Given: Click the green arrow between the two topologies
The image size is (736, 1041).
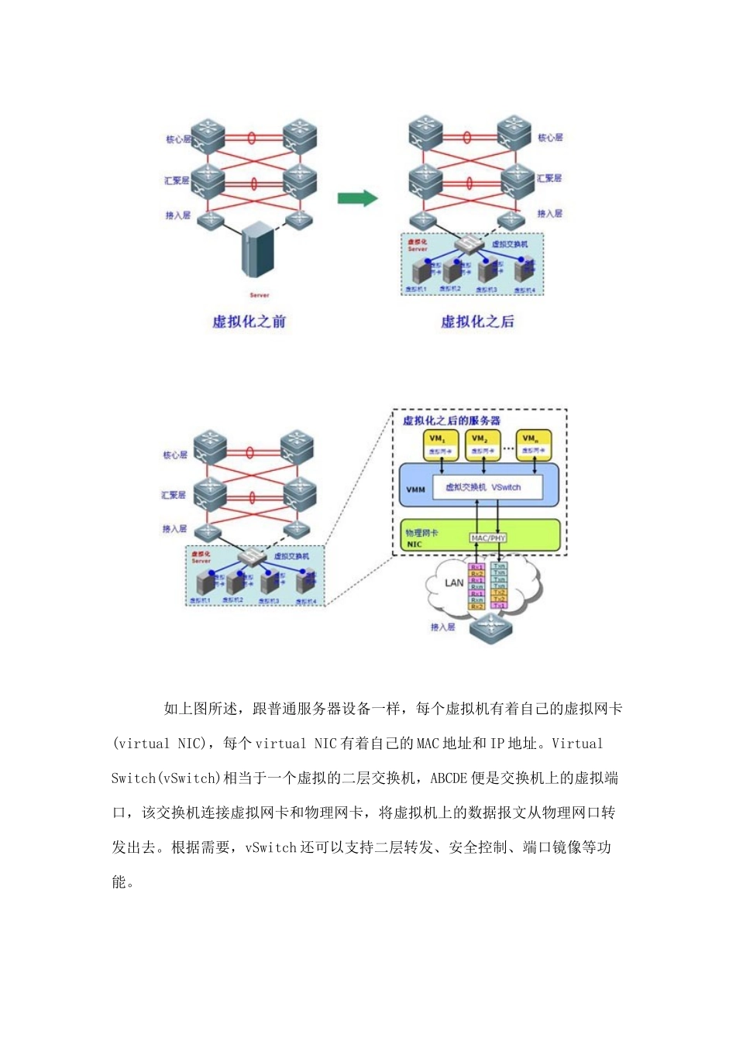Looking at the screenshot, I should tap(357, 198).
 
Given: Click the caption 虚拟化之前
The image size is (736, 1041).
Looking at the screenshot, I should tap(249, 321).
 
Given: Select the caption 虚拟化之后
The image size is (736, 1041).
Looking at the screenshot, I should tap(477, 321).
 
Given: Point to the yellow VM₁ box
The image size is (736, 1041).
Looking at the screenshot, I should tap(440, 445).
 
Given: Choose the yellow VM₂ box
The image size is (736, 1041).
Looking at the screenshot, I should tap(483, 445).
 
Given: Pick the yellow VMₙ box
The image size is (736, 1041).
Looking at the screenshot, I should tap(533, 445).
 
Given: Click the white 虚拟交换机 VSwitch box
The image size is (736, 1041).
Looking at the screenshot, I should tap(483, 487).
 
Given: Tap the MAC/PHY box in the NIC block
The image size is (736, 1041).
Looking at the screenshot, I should tap(488, 538).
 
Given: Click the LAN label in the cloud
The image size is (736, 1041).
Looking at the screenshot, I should tap(454, 582).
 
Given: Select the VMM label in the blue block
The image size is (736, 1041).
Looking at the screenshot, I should tap(415, 490).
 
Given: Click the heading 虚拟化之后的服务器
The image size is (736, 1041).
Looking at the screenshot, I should tap(451, 421).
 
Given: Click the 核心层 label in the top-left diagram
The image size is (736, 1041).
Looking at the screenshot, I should tap(177, 139).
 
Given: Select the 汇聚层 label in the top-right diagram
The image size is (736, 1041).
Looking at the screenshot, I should tap(549, 178).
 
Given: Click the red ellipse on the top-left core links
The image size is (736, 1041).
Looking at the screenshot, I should tap(252, 138).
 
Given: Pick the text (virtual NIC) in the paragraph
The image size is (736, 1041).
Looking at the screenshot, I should tap(161, 744).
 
